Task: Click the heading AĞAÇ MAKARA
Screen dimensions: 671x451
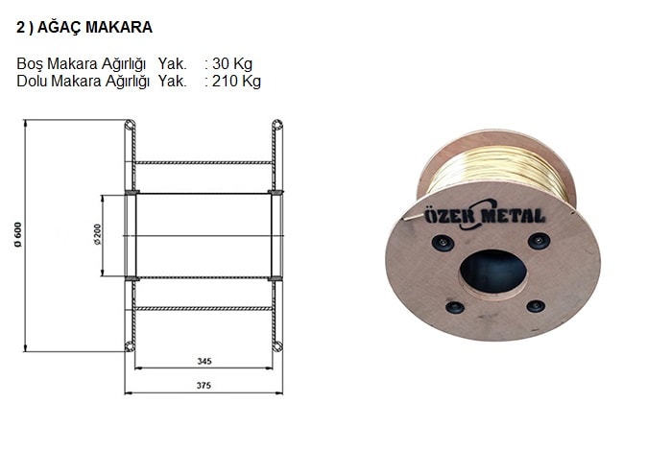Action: (95, 27)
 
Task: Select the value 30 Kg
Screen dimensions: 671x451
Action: (232, 63)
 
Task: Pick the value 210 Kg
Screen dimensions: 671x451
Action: (236, 81)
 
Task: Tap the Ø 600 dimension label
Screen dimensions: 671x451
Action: (17, 234)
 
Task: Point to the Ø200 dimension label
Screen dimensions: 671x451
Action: (98, 234)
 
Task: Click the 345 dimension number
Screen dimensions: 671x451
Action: (204, 361)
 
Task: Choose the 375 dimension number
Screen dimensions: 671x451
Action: (204, 385)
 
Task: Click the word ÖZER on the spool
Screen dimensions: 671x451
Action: (450, 214)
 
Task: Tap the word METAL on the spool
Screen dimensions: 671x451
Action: (514, 215)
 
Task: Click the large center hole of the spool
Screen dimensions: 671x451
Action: (493, 272)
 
